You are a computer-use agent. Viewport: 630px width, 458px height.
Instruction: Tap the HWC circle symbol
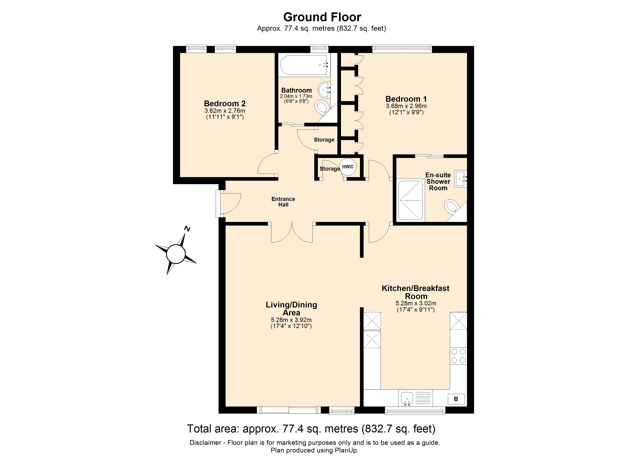348,167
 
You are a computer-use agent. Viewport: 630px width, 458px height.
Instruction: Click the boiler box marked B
456,399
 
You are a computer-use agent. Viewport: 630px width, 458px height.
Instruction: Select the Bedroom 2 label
225,104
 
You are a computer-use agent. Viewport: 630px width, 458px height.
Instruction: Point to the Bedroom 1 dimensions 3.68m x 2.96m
406,106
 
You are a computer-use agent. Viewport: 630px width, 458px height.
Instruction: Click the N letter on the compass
187,229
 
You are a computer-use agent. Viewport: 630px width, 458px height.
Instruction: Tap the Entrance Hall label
283,202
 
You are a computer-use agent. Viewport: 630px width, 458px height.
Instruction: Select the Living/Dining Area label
291,309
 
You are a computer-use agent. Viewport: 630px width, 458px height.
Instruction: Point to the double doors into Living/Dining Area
292,233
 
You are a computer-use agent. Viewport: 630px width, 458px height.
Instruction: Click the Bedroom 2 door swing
267,165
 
